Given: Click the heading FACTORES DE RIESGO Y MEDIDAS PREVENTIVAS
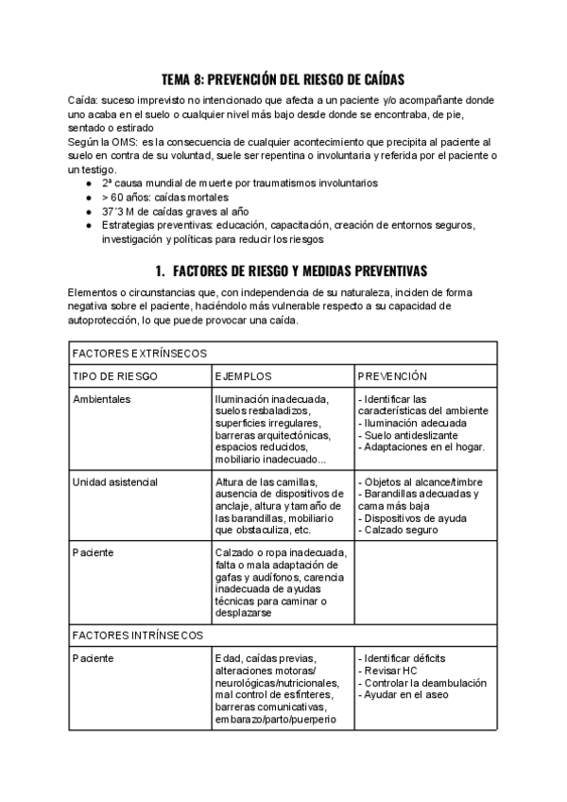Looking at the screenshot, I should pos(290,269).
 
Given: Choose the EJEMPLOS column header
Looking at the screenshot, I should pos(243,375).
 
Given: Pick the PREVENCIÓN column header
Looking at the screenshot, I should pos(392,375).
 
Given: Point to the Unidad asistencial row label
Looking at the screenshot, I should pos(114,482).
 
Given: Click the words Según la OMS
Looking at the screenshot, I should pos(96,141).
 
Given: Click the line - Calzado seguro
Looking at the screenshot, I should pos(398,531).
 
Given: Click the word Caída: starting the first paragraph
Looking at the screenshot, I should pos(85,100).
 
